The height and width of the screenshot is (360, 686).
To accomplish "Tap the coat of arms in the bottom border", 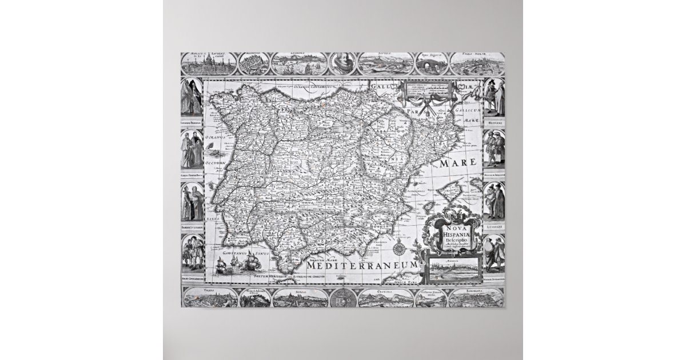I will coord(343,298).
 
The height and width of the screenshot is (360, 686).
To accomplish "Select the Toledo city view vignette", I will coord(207,298).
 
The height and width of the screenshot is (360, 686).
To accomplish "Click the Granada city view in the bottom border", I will coord(386,298).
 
